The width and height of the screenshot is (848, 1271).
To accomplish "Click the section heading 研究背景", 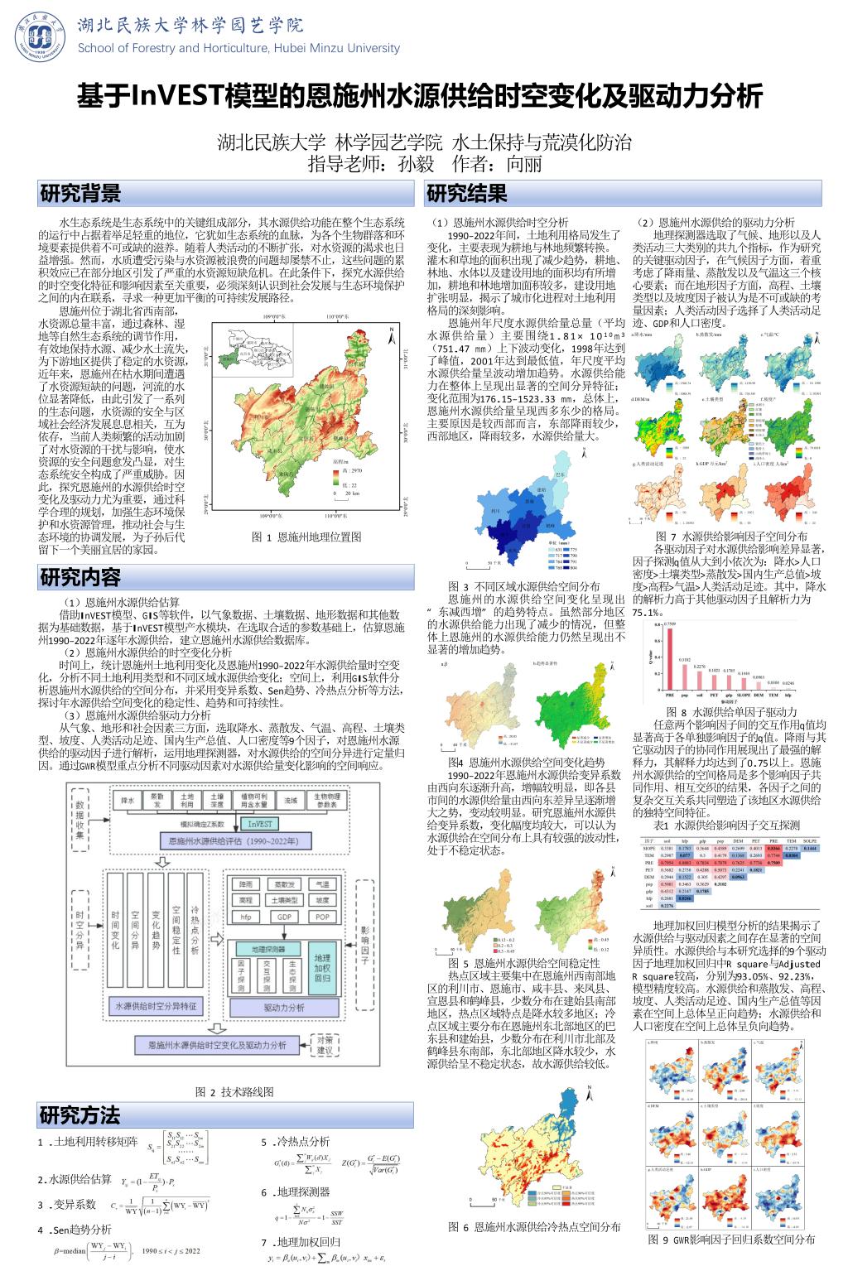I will (80, 195).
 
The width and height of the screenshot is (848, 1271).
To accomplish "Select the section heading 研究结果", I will (465, 195).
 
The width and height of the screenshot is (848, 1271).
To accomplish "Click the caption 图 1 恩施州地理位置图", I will (307, 537).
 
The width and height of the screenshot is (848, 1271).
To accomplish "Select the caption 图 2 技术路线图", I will (234, 1091).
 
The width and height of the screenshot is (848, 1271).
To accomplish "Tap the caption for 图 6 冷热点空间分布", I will (534, 1227).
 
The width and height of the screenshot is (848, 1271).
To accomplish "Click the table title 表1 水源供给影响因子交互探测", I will (726, 826).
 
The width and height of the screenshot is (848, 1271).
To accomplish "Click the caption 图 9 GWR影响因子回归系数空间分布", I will (731, 1240).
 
